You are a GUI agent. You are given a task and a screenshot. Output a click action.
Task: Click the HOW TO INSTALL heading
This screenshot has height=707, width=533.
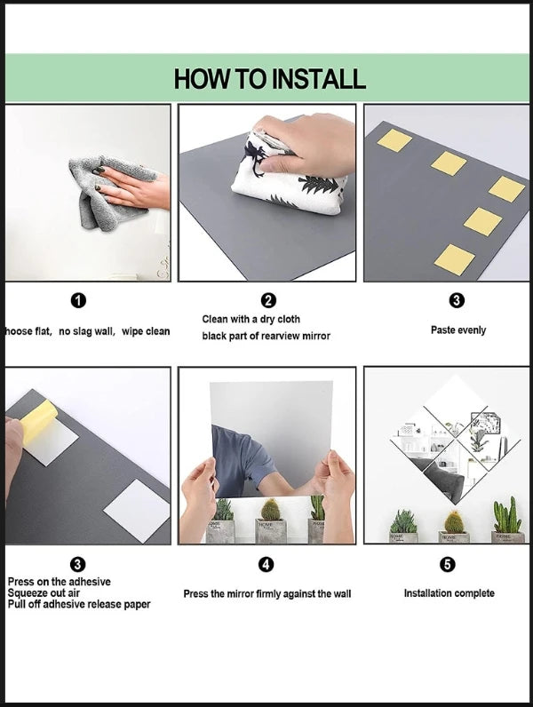pos(270,79)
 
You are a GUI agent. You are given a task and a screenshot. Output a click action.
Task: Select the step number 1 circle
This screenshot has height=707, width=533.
pos(78,300)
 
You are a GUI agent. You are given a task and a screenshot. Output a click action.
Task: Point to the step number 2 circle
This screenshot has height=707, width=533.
pos(268,300)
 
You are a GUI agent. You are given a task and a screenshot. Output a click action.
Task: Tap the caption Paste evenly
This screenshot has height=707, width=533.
pos(458,330)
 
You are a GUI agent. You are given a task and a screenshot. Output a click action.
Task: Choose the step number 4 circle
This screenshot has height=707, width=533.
pos(266,564)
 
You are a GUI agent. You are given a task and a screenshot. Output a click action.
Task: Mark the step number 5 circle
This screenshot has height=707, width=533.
pos(448,564)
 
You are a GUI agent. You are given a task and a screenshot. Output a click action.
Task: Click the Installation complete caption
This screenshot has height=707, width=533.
pos(449,593)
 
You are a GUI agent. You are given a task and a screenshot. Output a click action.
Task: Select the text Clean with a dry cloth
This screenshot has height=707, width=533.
pos(251,319)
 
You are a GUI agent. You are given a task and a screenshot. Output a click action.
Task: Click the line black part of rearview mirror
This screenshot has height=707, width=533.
pos(266,336)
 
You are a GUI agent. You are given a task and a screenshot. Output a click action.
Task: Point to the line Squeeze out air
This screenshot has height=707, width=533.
pos(44,593)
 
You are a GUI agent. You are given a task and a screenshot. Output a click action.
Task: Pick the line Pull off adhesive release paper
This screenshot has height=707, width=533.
pos(79,604)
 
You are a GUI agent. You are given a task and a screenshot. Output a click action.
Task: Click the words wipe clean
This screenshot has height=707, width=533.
pos(146,331)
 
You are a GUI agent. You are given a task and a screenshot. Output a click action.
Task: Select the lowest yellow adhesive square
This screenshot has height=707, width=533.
pos(455,259)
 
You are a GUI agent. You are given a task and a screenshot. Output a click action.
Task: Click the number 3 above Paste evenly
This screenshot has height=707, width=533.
pos(457,300)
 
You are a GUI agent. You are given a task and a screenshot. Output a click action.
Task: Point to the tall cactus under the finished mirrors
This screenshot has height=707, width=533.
pos(508,515)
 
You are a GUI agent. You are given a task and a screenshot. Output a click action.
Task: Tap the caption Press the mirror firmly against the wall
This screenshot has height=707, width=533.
pos(267,594)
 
